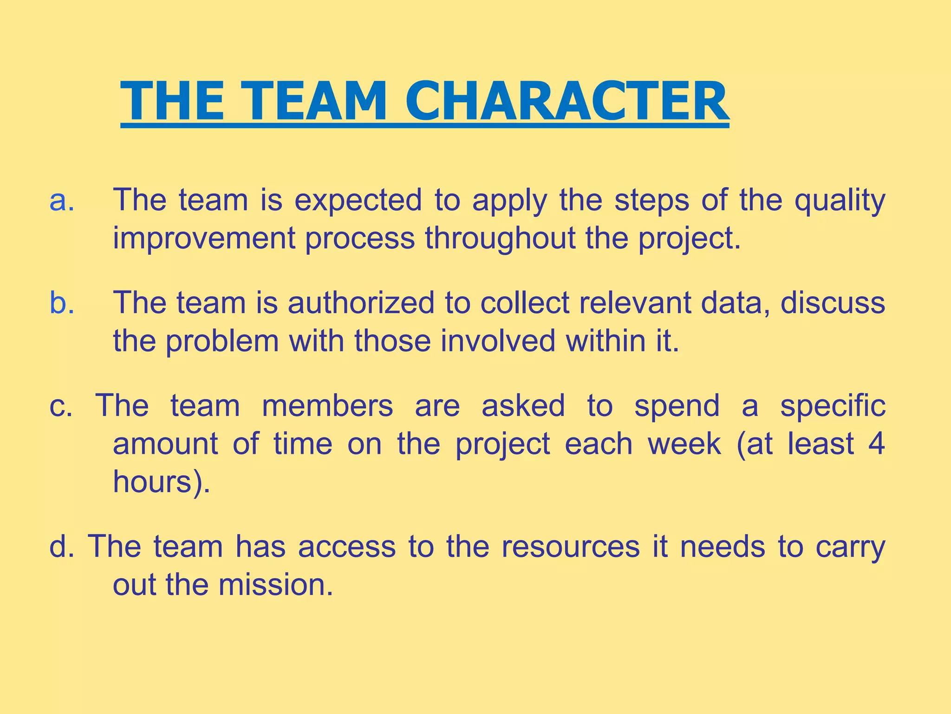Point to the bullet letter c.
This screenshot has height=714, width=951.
[x=60, y=406]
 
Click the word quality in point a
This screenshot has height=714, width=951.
[x=840, y=201]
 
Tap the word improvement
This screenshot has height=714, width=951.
[x=204, y=238]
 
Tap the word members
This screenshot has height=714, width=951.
[x=327, y=406]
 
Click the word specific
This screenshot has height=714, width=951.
[x=833, y=406]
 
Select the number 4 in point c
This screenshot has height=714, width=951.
[x=876, y=444]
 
